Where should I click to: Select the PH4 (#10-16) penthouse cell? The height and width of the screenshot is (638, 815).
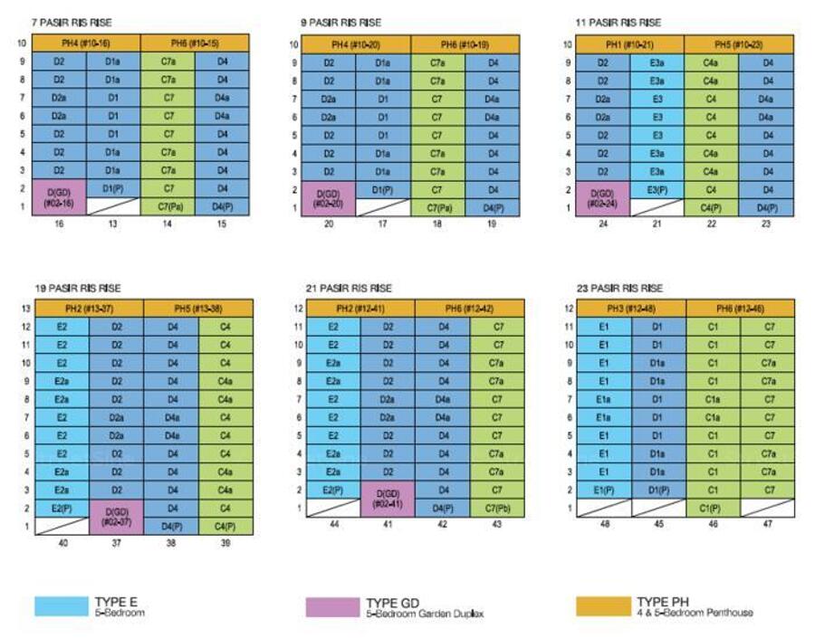87,43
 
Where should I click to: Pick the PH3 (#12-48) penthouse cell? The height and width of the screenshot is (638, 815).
632,309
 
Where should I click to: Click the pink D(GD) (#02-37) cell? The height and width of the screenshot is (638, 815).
116,517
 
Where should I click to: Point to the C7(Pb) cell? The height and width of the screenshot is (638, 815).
497,509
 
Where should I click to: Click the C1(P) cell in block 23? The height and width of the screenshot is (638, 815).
713,509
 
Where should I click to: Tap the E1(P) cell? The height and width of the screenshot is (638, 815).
604,490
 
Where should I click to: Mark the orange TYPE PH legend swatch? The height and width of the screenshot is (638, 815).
601,606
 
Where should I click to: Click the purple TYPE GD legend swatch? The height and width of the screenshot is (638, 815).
331,606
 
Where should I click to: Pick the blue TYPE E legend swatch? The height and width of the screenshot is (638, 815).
60,606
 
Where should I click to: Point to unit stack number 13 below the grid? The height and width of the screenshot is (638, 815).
113,224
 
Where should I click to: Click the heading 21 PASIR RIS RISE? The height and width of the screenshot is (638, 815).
347,288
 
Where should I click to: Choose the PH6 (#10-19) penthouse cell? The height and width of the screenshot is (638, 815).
465,43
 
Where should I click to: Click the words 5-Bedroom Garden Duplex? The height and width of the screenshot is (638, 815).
425,614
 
